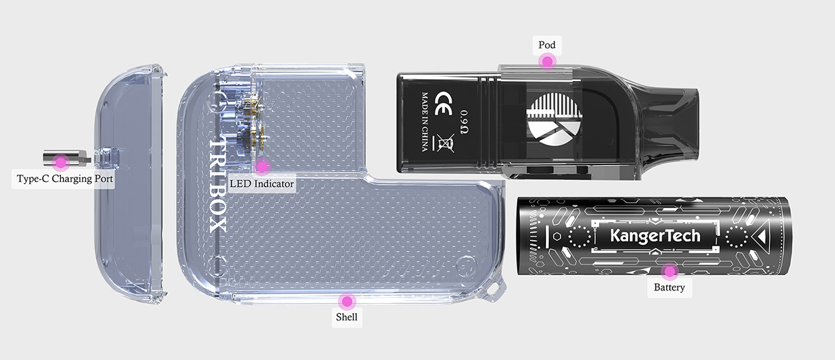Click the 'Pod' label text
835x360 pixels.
click(x=547, y=46)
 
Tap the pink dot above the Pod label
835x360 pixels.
click(x=547, y=62)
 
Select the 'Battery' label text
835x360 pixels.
click(x=669, y=288)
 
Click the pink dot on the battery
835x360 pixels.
click(x=669, y=272)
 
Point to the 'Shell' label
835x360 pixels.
click(x=347, y=317)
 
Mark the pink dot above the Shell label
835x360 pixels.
click(x=346, y=301)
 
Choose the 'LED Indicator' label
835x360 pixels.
click(x=262, y=183)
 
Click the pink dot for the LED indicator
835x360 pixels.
click(x=262, y=165)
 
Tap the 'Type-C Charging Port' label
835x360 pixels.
click(x=64, y=179)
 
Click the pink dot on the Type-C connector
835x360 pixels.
click(x=61, y=161)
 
